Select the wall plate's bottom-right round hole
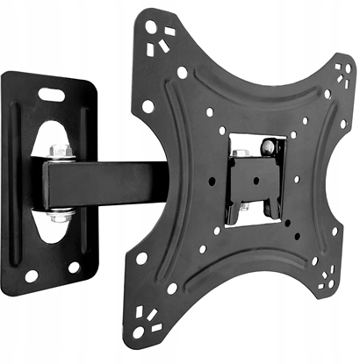coord(73,267)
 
